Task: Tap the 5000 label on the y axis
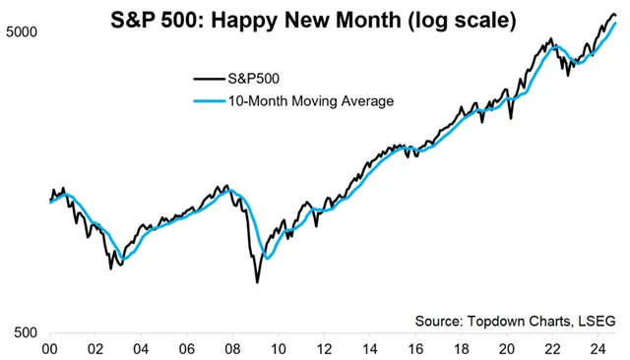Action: pyautogui.click(x=21, y=31)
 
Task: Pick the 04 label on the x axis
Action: pyautogui.click(x=141, y=348)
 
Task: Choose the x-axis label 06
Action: pyautogui.click(x=187, y=348)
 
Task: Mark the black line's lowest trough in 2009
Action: pyautogui.click(x=257, y=282)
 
